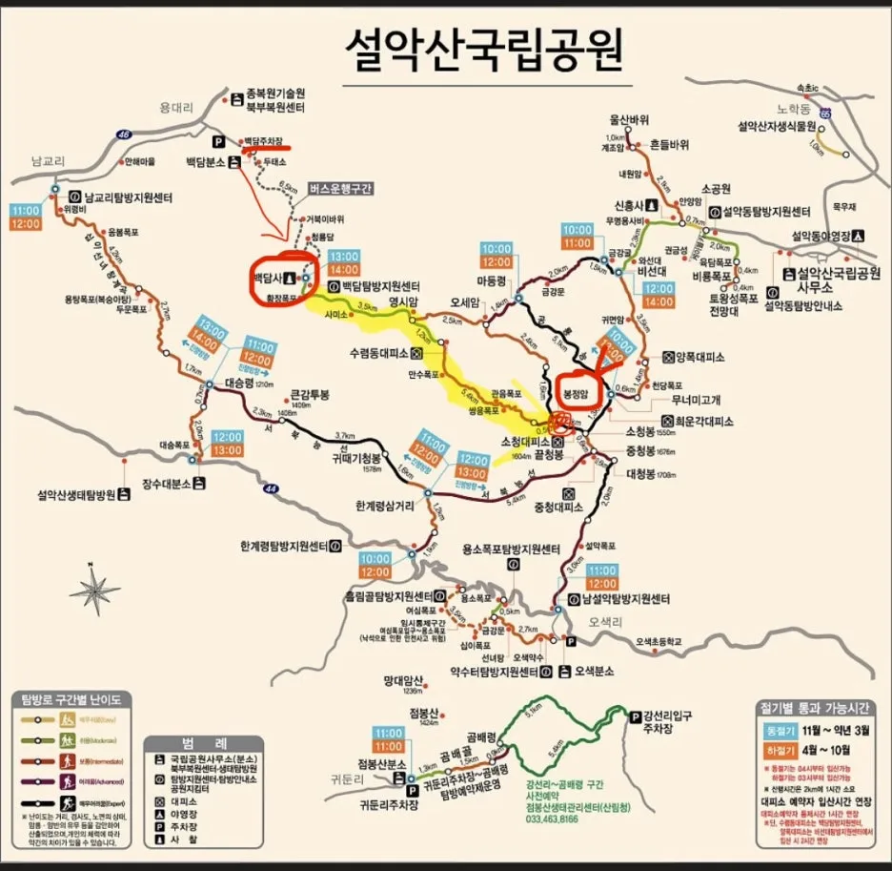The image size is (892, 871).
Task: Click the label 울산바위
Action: tap(629, 120)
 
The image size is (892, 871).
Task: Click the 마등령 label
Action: tap(490, 282)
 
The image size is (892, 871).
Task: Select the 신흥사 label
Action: tap(630, 205)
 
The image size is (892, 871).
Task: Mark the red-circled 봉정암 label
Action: tap(577, 392)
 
